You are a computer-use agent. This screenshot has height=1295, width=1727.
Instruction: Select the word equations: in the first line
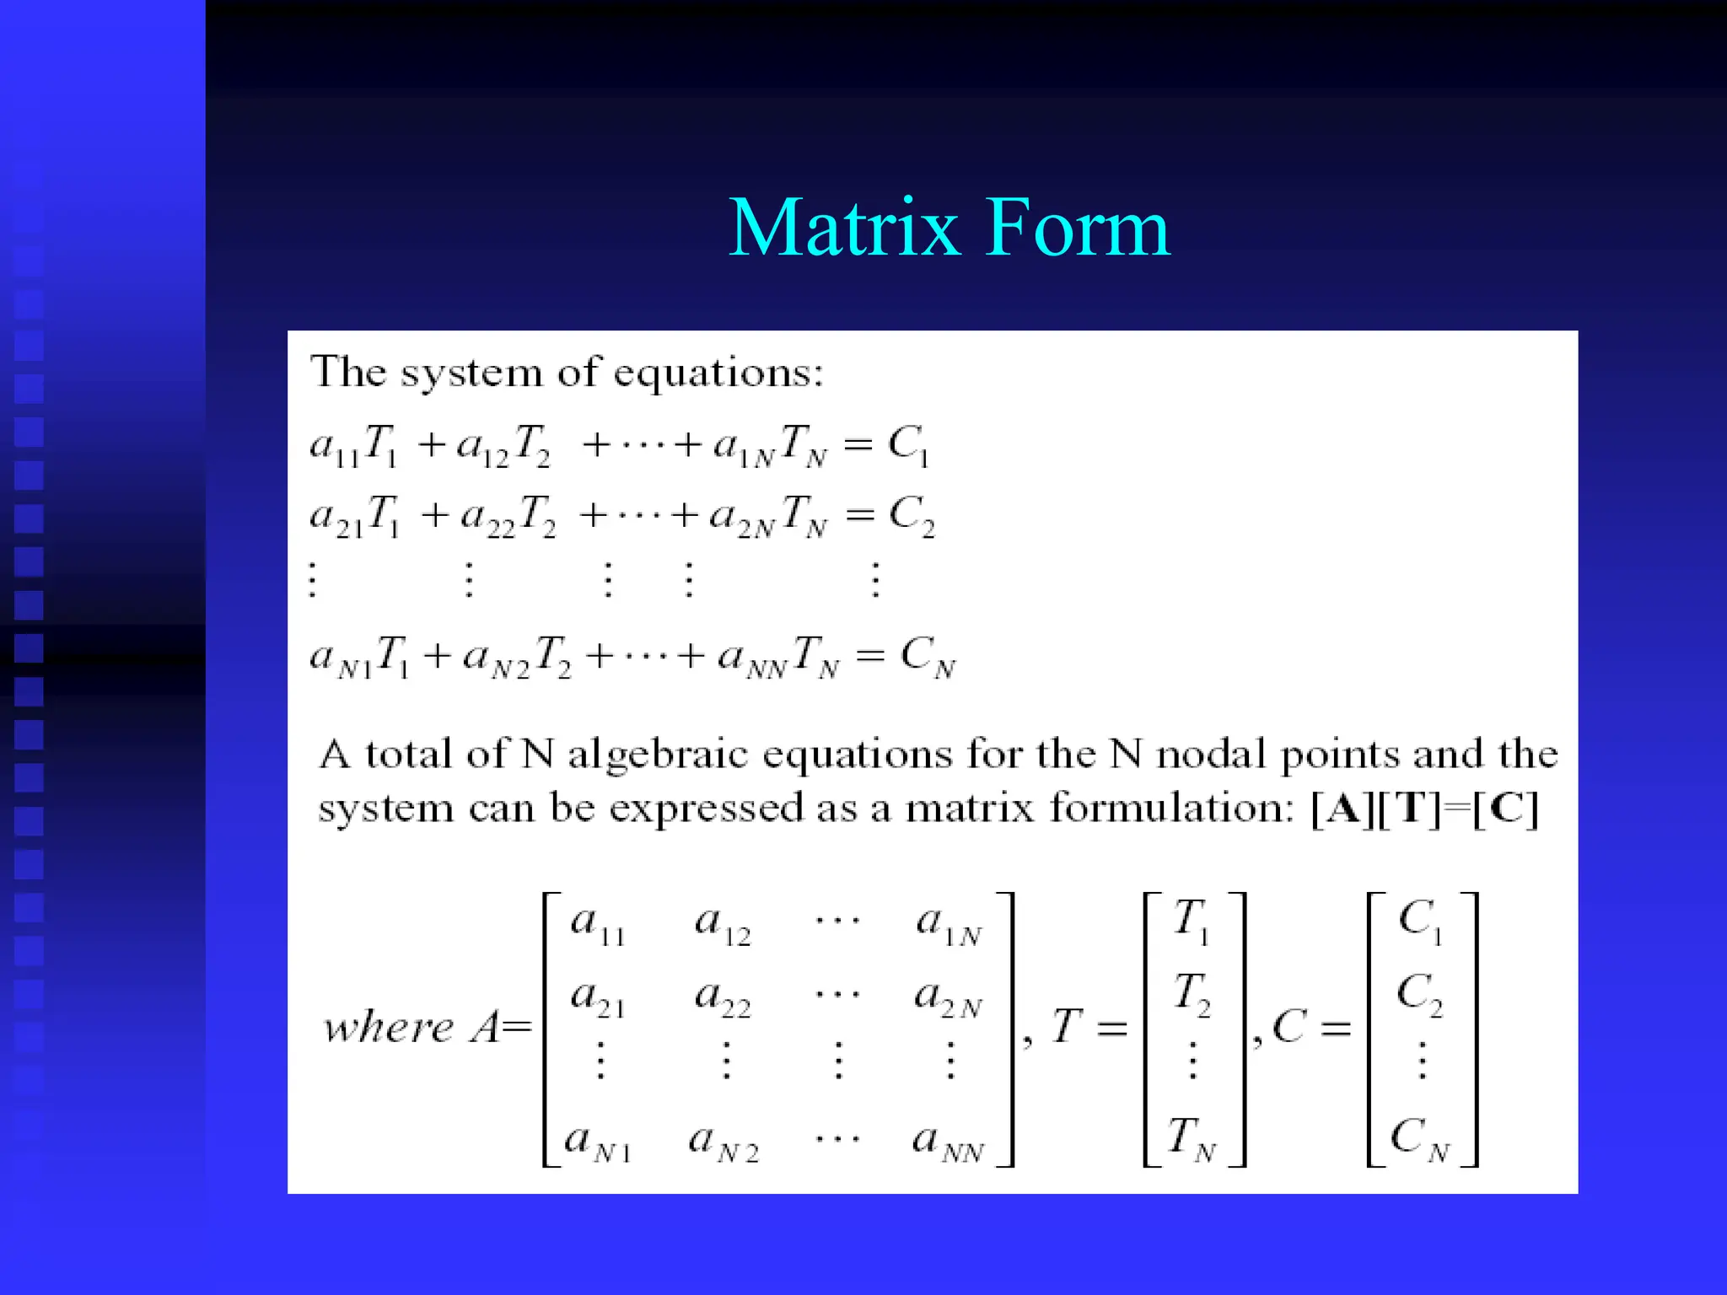pyautogui.click(x=718, y=373)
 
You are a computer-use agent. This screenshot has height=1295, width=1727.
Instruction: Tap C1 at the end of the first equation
pyautogui.click(x=908, y=445)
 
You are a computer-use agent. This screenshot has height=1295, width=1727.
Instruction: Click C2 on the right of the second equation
pyautogui.click(x=912, y=515)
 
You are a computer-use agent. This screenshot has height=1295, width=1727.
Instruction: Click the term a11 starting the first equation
pyautogui.click(x=334, y=445)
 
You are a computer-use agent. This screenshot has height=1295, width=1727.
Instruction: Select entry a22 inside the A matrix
pyautogui.click(x=722, y=998)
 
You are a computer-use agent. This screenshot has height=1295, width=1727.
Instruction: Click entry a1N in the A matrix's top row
pyautogui.click(x=949, y=925)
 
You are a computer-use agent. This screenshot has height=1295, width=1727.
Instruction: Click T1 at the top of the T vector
pyautogui.click(x=1191, y=921)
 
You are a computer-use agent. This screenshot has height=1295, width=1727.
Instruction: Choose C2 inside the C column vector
pyautogui.click(x=1419, y=995)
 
